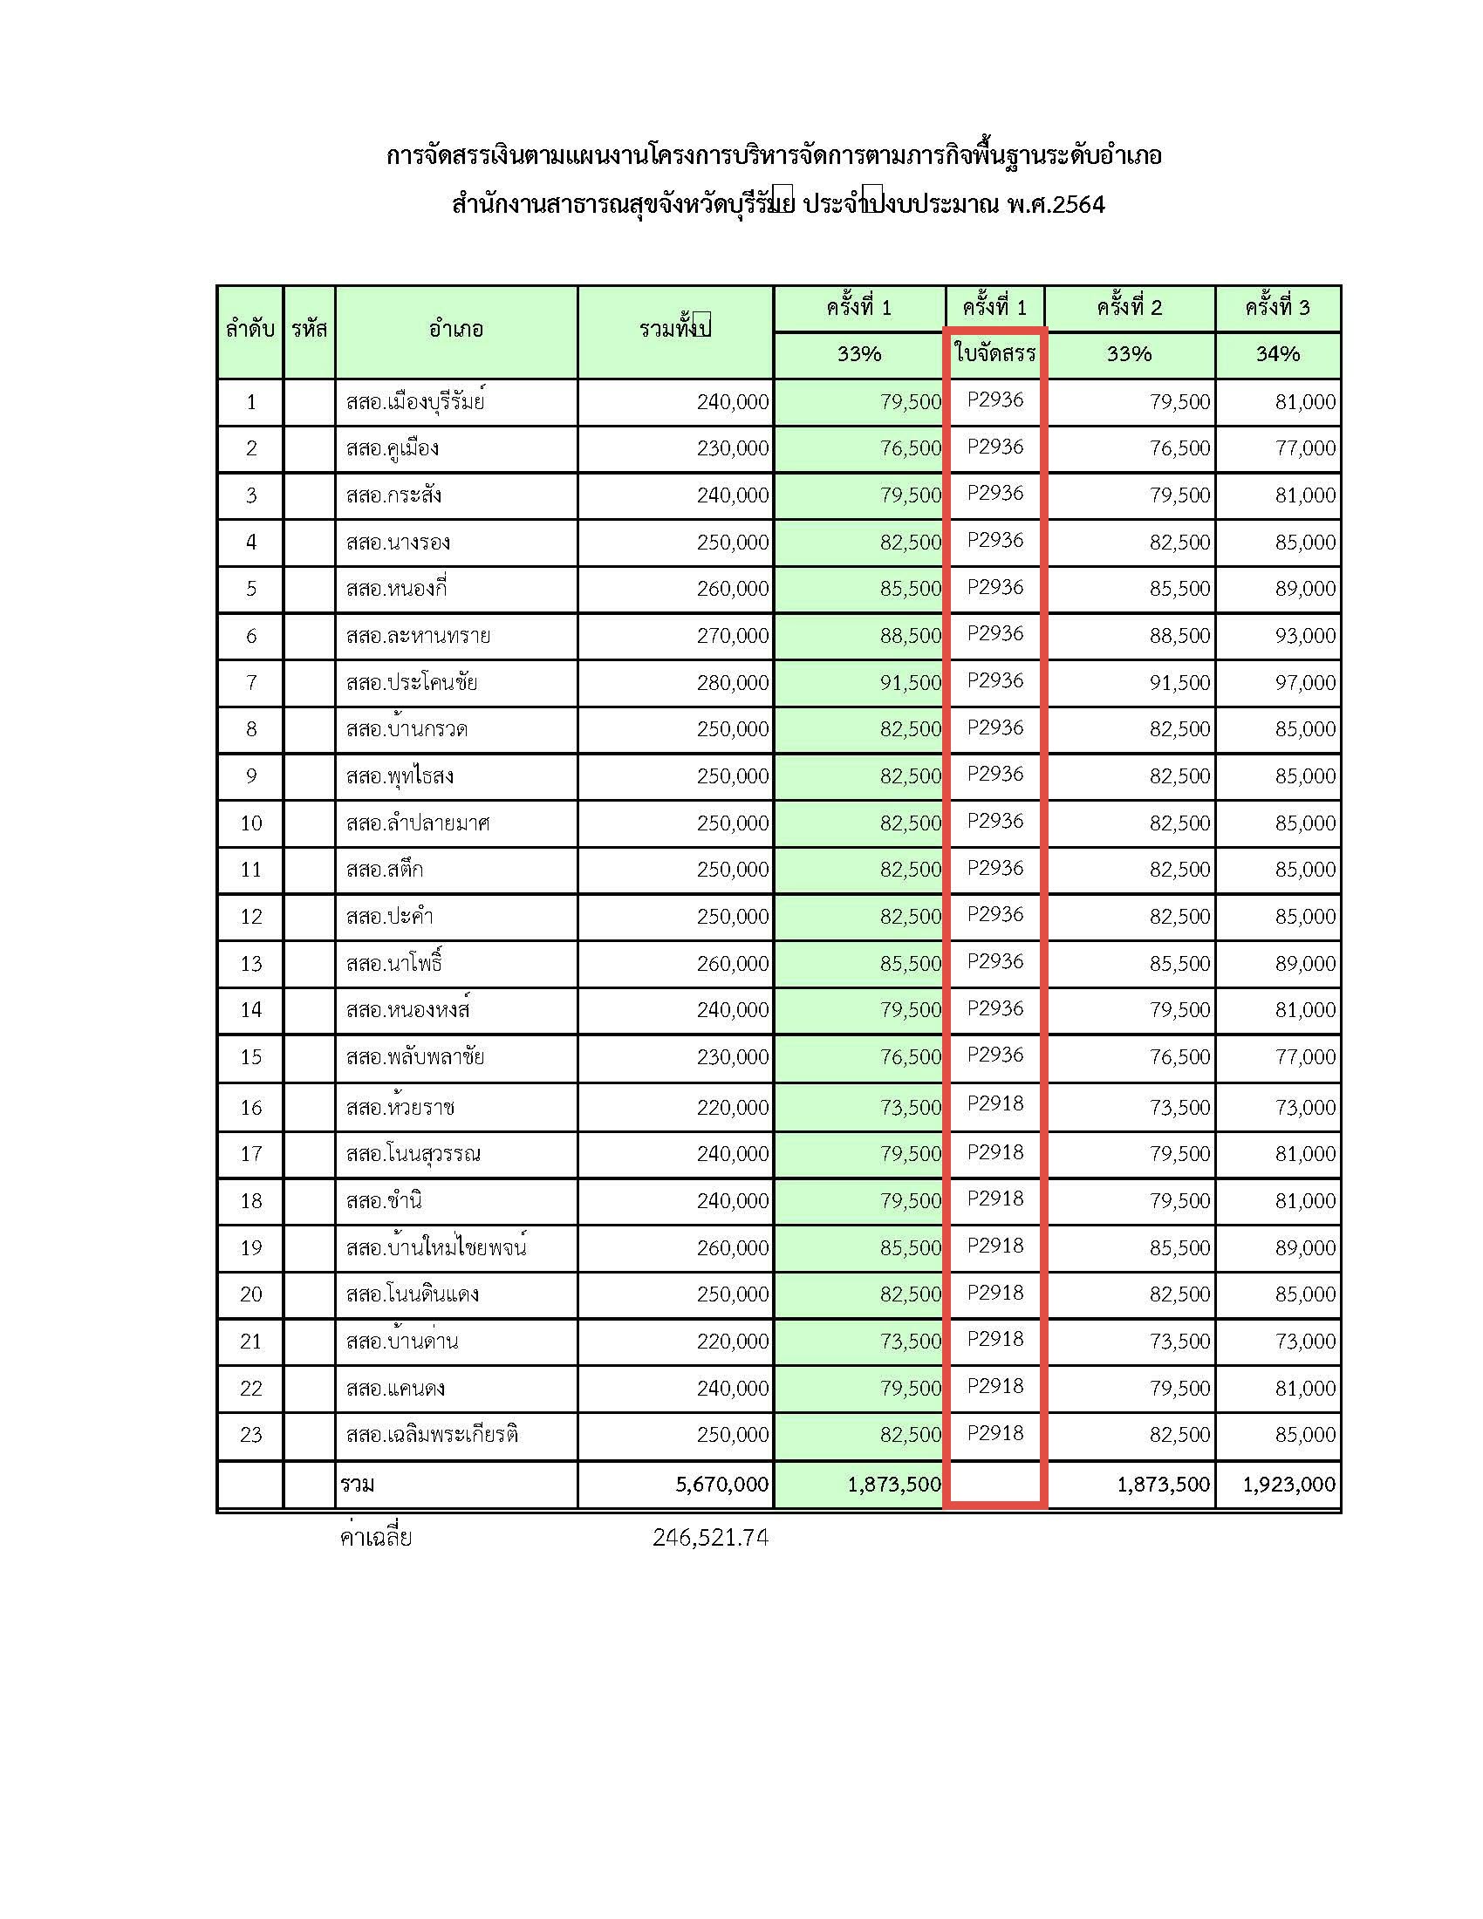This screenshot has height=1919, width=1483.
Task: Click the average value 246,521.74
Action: click(x=710, y=1537)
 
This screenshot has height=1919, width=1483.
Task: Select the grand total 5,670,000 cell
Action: click(x=721, y=1484)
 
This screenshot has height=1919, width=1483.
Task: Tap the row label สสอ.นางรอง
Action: click(x=398, y=543)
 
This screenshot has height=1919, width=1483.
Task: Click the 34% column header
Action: click(x=1277, y=354)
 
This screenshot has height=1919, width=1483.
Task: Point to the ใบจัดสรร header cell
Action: click(x=994, y=354)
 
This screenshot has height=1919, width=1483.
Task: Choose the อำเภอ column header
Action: click(x=456, y=331)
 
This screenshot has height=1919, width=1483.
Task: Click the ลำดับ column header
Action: click(x=250, y=331)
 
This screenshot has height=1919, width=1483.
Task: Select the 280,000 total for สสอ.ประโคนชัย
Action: click(x=733, y=683)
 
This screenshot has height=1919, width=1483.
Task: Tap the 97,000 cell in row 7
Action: click(x=1305, y=683)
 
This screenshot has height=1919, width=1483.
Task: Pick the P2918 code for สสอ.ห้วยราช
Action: click(x=995, y=1103)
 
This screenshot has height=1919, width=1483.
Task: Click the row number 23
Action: click(x=251, y=1435)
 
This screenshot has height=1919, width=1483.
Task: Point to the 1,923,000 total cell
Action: click(x=1288, y=1484)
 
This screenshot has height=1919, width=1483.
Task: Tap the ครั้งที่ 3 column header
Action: click(x=1277, y=308)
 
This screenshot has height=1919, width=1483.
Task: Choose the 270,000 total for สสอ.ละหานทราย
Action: click(x=733, y=635)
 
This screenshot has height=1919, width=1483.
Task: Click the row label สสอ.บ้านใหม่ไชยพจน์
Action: click(x=436, y=1247)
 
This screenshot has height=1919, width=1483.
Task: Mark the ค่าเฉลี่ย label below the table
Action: click(x=376, y=1537)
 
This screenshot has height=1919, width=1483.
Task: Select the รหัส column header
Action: click(x=310, y=331)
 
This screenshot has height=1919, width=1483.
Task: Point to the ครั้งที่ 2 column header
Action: click(x=1129, y=308)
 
